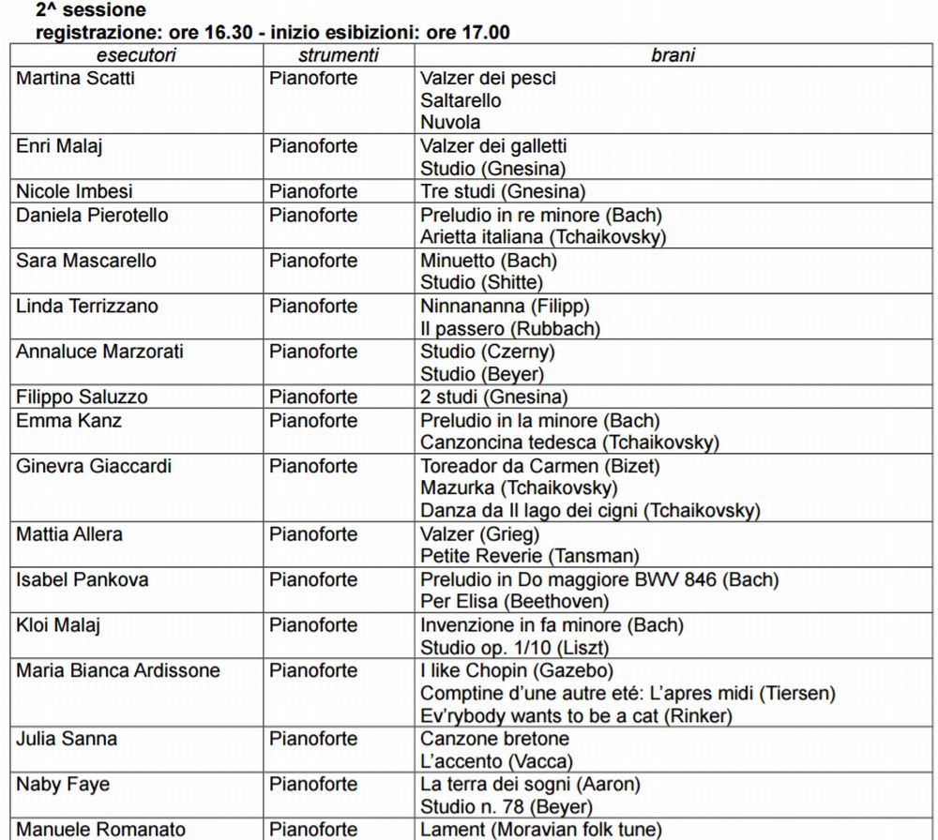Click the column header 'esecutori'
(x=135, y=55)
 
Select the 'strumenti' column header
(x=338, y=55)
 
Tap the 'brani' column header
(x=673, y=55)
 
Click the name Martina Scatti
(x=75, y=78)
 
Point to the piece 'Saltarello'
(x=461, y=100)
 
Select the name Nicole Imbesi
(x=74, y=191)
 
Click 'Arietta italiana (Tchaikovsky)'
(x=543, y=237)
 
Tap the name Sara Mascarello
(x=86, y=260)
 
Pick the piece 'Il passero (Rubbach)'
(x=510, y=328)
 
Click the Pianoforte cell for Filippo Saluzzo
(x=313, y=397)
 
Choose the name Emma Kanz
(x=68, y=420)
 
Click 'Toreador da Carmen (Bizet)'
(x=539, y=466)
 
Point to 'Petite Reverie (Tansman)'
(x=530, y=557)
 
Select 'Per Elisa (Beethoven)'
(x=514, y=602)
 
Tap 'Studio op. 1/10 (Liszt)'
(x=515, y=648)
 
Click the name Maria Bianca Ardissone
(x=118, y=670)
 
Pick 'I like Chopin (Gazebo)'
(x=517, y=670)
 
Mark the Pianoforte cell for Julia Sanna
(x=313, y=739)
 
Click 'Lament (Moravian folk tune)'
(x=540, y=830)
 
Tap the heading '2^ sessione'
(x=91, y=11)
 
